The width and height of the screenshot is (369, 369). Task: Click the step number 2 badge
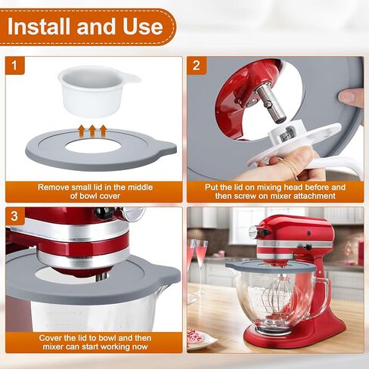coord(197,66)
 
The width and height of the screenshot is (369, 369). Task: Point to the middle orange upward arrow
coord(93,131)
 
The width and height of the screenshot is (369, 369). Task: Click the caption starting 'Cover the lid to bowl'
coord(93,342)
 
